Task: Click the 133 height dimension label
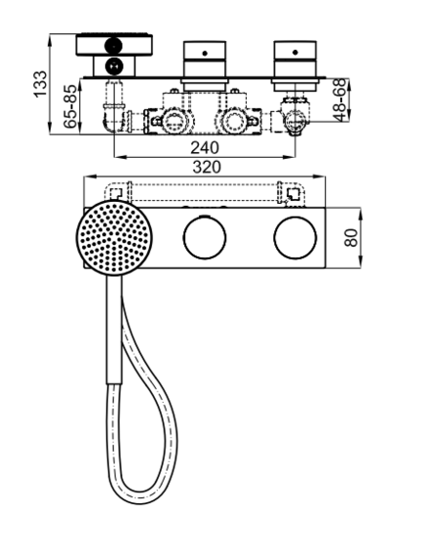(x=40, y=84)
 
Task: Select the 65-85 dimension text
(x=70, y=106)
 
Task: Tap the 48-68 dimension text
(x=339, y=100)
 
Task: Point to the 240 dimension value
(x=205, y=148)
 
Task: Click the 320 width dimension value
(x=207, y=167)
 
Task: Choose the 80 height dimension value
(x=351, y=238)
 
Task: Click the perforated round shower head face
(x=114, y=238)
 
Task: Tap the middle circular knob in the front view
(x=205, y=238)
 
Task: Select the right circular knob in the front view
(x=295, y=238)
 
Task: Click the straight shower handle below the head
(x=114, y=330)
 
